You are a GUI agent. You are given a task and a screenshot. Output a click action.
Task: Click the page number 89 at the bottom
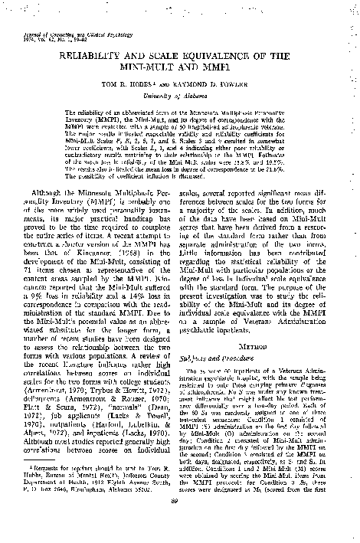tap(181, 522)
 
